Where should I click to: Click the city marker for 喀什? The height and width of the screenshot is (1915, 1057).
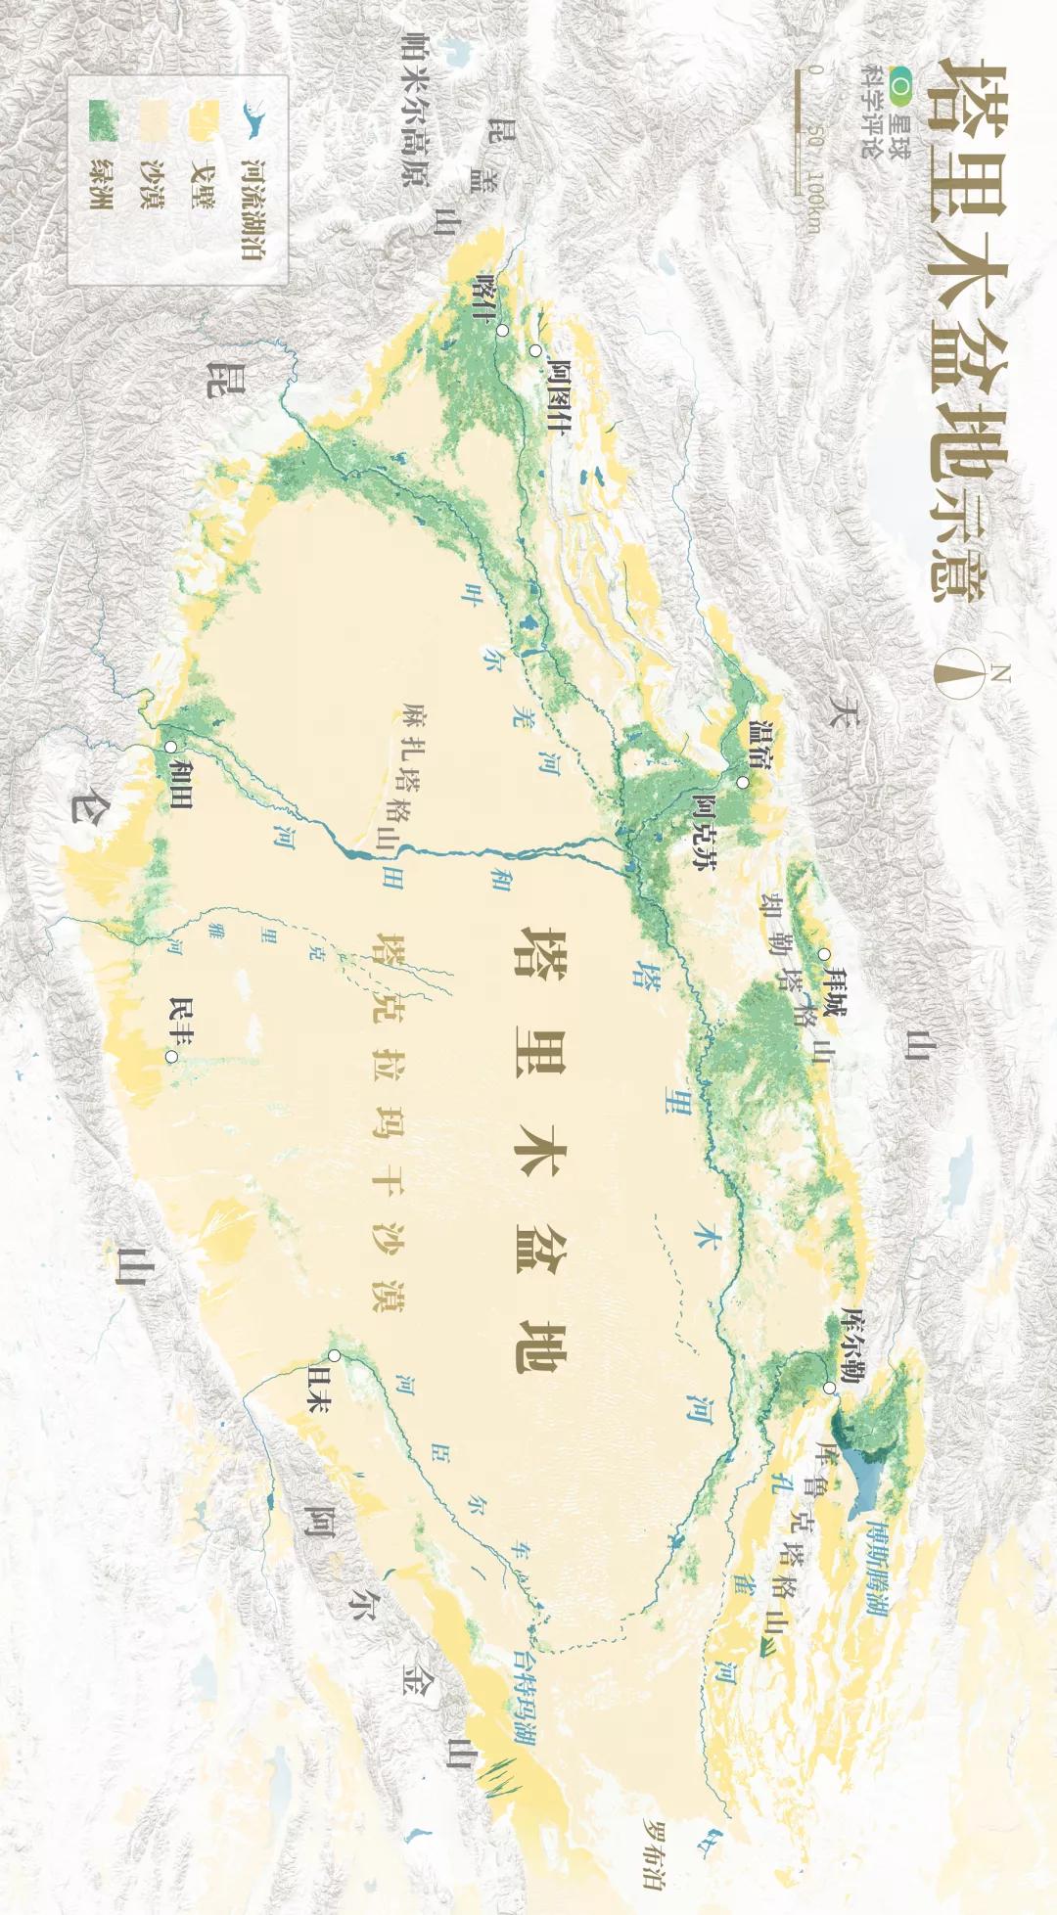(502, 331)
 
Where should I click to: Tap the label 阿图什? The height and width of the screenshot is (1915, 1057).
(560, 396)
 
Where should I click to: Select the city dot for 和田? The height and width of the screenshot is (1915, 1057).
(171, 747)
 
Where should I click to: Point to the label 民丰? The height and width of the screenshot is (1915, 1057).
(181, 1022)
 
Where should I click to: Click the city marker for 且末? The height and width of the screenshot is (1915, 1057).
(335, 1355)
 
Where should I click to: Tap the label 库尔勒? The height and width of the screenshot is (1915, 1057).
(851, 1345)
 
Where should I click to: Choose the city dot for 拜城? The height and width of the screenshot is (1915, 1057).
(824, 954)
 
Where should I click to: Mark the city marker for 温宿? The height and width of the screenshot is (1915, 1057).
(743, 782)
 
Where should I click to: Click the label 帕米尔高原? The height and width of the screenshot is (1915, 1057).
(415, 109)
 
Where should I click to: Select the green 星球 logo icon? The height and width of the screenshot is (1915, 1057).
(899, 89)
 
